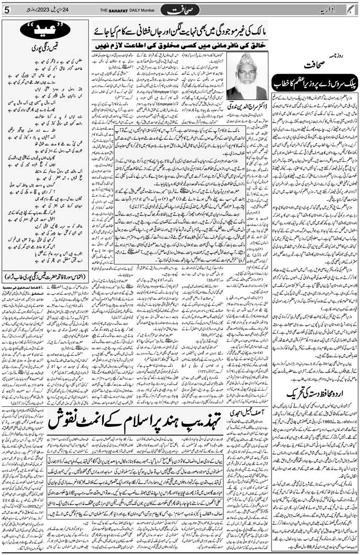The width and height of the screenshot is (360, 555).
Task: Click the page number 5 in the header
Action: point(7,10)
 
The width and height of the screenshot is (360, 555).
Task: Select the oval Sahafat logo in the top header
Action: point(179,10)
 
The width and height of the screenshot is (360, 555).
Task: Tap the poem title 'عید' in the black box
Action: point(44,31)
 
